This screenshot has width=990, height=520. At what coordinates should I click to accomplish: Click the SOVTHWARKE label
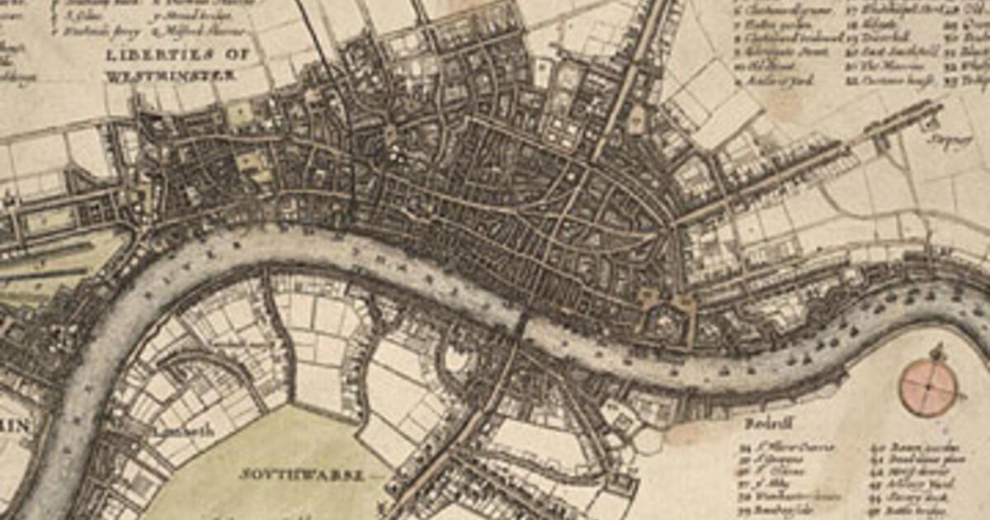(301, 475)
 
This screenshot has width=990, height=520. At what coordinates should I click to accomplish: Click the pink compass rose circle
(929, 387)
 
